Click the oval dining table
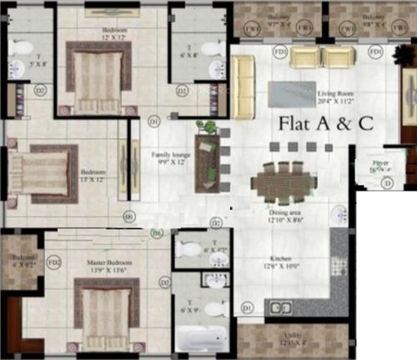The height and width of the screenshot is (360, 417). (x=279, y=182)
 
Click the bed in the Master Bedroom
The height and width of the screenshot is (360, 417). (x=103, y=309)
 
